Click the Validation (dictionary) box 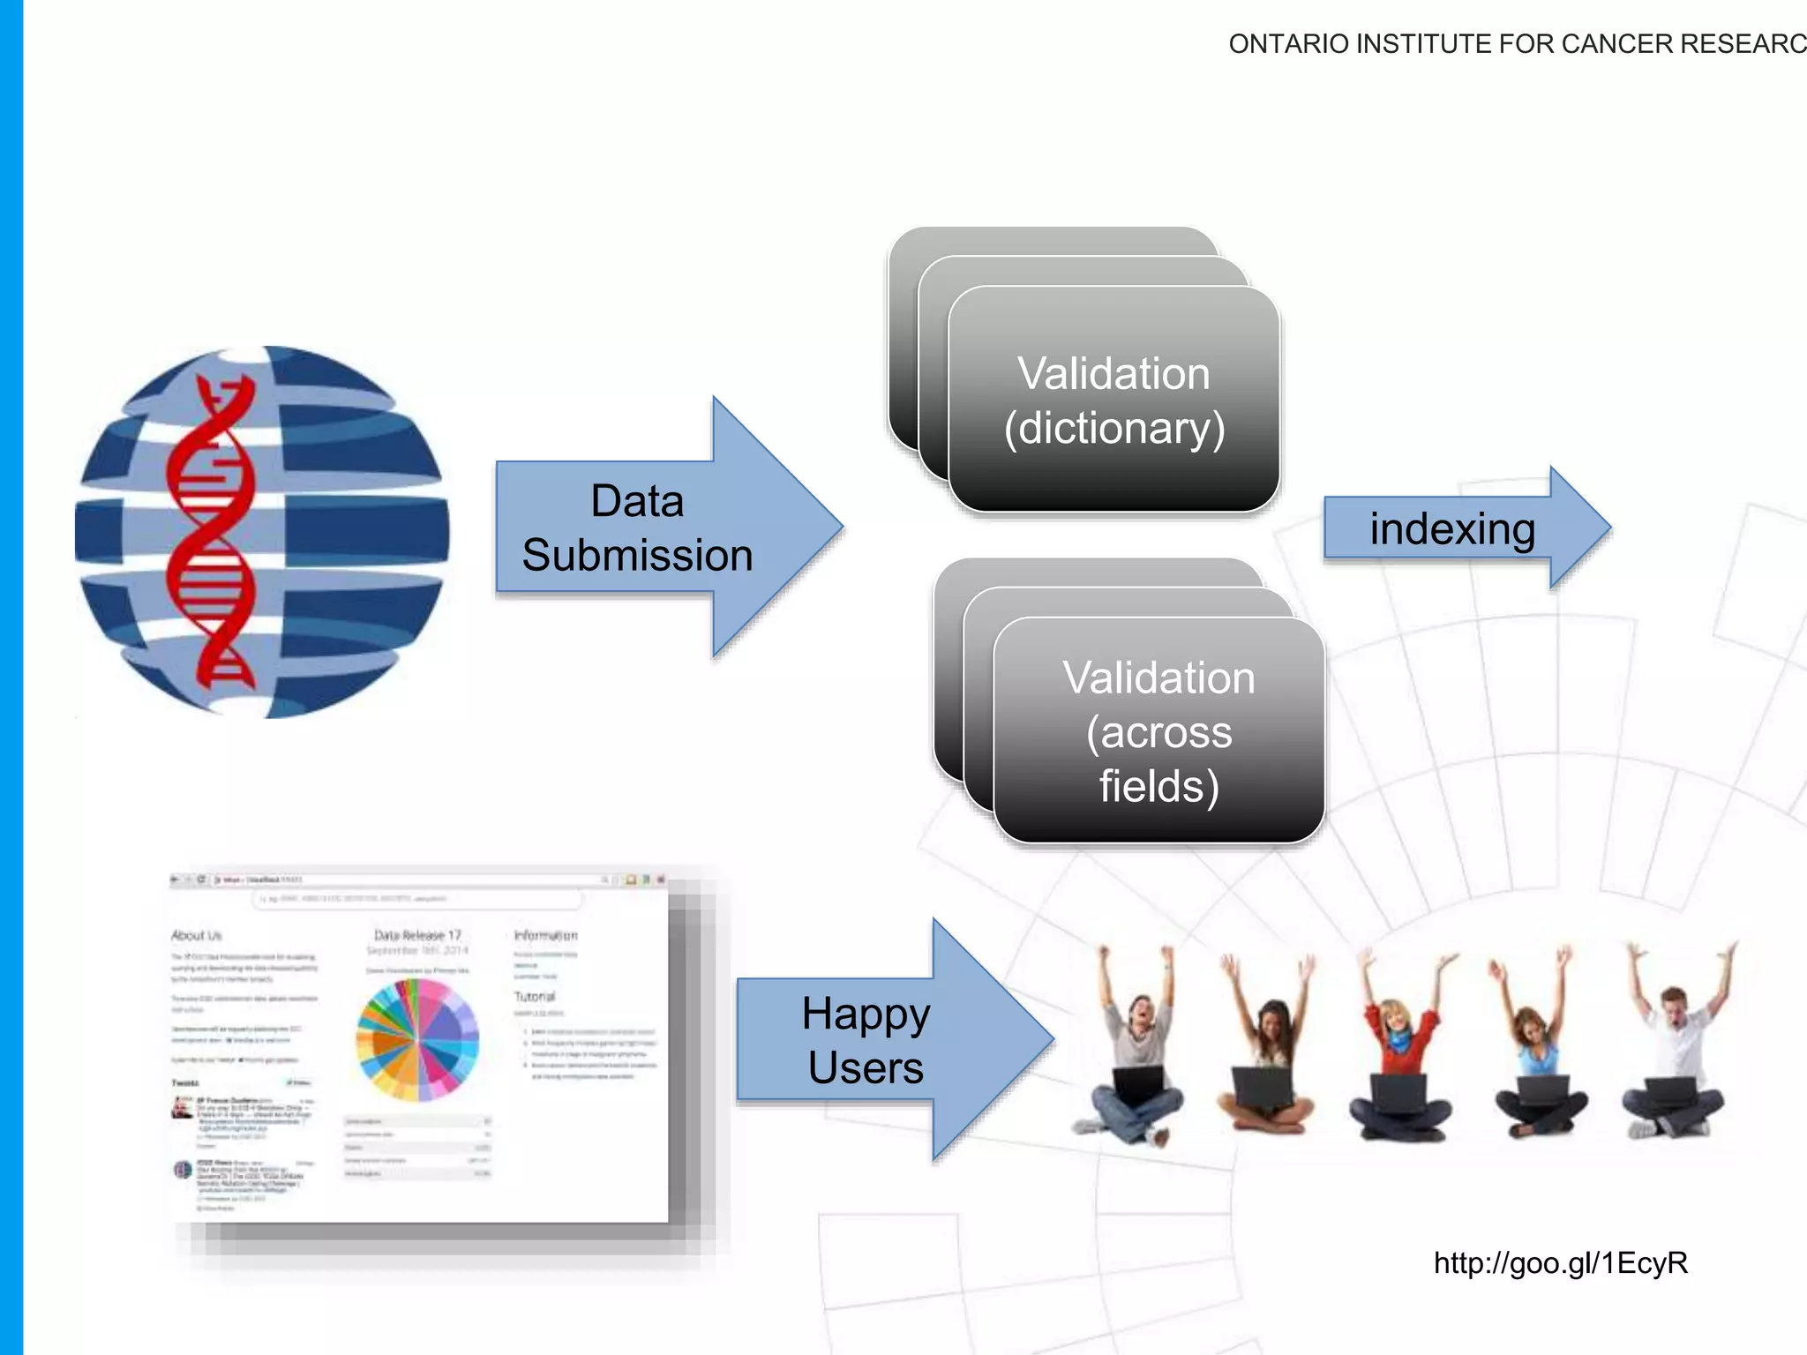click(x=1113, y=401)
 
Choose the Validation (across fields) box click(x=1158, y=732)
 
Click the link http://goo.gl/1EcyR click(x=1560, y=1262)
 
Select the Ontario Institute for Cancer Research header click(x=1516, y=43)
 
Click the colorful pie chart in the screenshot click(x=417, y=1041)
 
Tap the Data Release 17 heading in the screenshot click(x=417, y=935)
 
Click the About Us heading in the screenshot click(x=196, y=935)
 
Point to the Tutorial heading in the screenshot click(x=535, y=996)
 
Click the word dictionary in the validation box click(x=1115, y=429)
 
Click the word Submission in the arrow click(x=637, y=556)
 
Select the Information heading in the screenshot click(x=545, y=935)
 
